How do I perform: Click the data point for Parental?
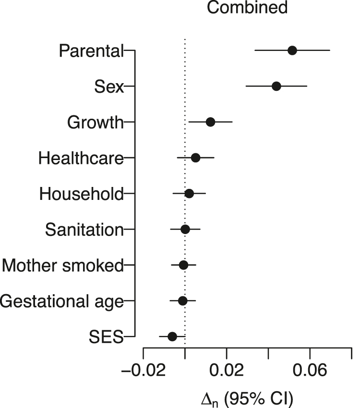pos(292,50)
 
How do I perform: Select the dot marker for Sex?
pos(276,86)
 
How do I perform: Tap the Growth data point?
pos(210,122)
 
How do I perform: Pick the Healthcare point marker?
pos(195,158)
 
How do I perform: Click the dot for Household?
pos(189,193)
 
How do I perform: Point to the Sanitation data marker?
pos(185,229)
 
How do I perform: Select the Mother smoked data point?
pos(183,265)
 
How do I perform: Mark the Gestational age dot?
pos(182,301)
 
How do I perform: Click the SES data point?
pos(172,336)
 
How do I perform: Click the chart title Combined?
pos(247,8)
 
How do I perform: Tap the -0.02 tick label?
pos(143,372)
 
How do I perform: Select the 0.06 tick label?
pos(310,372)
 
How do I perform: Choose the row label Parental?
pos(91,50)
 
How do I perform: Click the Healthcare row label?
pos(81,158)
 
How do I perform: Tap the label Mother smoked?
pos(62,265)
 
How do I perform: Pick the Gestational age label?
pos(62,301)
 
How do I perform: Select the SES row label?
pos(106,336)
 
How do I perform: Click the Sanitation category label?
pos(84,229)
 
